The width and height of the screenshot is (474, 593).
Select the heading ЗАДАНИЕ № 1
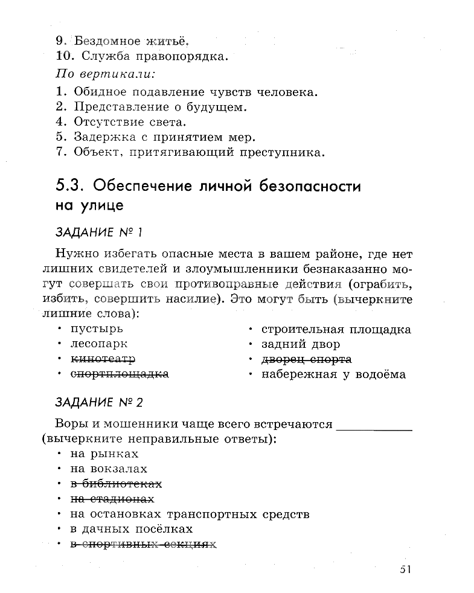click(x=98, y=232)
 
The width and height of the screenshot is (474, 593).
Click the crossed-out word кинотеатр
click(x=103, y=359)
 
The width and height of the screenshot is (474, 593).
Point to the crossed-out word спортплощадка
click(x=120, y=374)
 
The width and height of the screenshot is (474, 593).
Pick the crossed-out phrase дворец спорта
click(x=306, y=359)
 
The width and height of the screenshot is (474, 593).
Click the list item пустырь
click(x=97, y=329)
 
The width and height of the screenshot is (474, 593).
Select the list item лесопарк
click(x=99, y=344)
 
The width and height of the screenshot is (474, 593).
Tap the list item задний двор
click(x=301, y=344)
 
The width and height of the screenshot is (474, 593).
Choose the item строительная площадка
click(x=336, y=329)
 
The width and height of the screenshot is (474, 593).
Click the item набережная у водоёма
click(x=333, y=374)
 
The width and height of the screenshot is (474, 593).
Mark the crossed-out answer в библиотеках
click(x=117, y=484)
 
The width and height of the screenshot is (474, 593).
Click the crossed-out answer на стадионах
click(x=112, y=499)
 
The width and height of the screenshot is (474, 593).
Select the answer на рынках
click(x=104, y=454)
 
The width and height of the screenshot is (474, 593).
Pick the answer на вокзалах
click(x=109, y=469)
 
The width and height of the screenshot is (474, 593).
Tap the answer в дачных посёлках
click(x=131, y=529)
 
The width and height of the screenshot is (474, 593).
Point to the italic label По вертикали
click(x=104, y=74)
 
